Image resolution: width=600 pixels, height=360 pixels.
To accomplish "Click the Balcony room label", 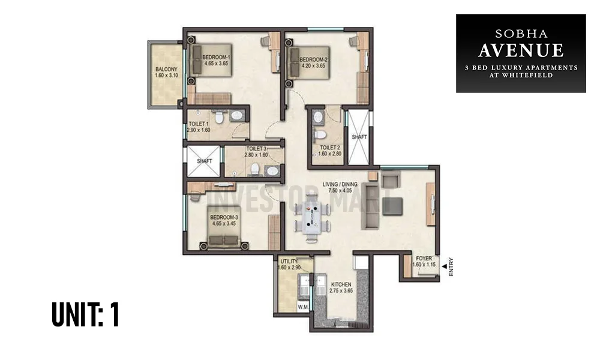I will pos(163,69).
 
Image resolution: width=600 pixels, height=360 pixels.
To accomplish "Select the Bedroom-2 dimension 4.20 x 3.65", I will pos(313,67).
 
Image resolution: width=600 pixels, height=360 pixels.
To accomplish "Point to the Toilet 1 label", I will pos(198,124).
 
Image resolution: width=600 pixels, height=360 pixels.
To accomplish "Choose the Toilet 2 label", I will pos(329,147).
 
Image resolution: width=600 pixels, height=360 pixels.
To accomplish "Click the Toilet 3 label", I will pos(255,148).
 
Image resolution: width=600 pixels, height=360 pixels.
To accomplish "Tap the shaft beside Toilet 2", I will pos(359,136).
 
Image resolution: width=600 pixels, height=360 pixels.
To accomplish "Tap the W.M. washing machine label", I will pos(303,307).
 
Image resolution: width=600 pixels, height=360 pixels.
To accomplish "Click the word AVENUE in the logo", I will pos(521,49).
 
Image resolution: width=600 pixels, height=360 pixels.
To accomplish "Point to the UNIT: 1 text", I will pos(85,316).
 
